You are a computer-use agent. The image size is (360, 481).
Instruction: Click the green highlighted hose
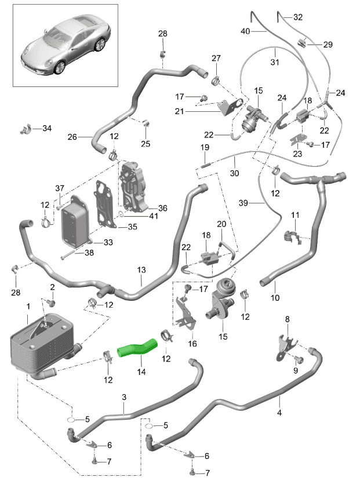pos(137,349)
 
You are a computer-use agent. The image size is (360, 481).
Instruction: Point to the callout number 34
pos(46,128)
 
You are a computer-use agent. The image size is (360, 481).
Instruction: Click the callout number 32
pos(298,17)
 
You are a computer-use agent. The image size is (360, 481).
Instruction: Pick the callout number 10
pos(275,298)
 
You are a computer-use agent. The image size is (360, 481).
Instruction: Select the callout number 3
pos(124,398)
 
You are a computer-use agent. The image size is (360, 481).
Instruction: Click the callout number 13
pos(141,269)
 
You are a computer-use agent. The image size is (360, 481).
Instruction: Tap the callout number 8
pos(286,319)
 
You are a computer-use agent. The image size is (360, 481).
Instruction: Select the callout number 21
pos(180,111)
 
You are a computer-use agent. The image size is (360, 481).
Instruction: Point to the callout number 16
pos(192,344)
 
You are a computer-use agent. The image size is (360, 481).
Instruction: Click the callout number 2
pos(52,287)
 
